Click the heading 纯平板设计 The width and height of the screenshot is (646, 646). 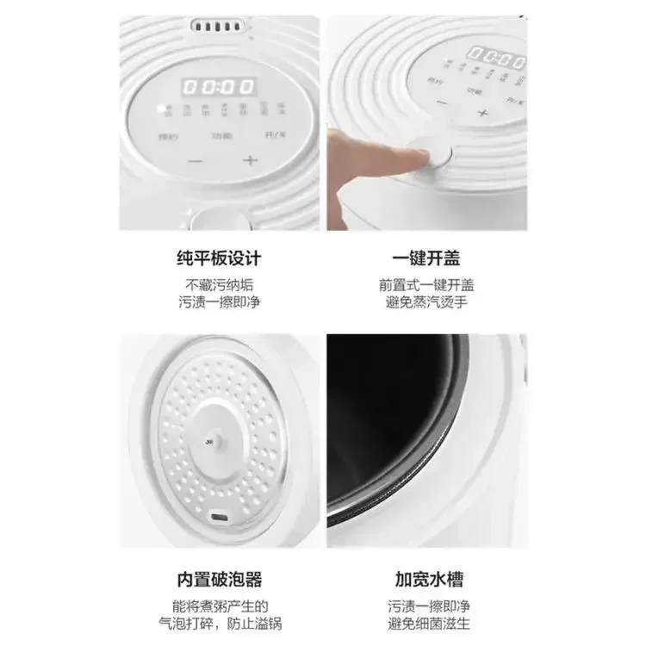[x=218, y=258]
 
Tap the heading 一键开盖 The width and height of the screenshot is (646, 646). [x=425, y=258]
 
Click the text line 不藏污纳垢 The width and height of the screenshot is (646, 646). [x=218, y=285]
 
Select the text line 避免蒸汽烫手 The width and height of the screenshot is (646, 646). [x=425, y=302]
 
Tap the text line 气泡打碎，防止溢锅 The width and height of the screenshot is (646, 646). [x=218, y=623]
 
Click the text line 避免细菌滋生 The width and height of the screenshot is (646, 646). [x=425, y=623]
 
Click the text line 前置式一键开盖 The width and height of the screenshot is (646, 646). [x=425, y=285]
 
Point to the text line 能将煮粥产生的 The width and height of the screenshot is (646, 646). [x=218, y=606]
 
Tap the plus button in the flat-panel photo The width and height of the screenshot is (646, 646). [x=250, y=160]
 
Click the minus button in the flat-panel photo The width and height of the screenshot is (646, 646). [x=196, y=161]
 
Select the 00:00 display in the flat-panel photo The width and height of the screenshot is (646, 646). [x=218, y=87]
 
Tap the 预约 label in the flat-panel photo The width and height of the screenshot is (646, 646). [x=167, y=135]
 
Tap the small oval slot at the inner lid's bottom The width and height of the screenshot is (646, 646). [x=220, y=520]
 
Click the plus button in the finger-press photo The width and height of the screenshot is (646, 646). [x=483, y=112]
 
